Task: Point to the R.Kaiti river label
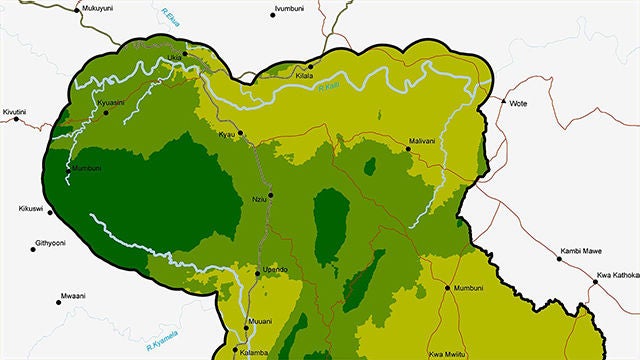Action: (x=330, y=90)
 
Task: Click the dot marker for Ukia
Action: (x=184, y=53)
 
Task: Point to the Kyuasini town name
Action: (x=110, y=103)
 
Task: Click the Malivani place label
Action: (x=423, y=142)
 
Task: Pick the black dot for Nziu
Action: (x=270, y=194)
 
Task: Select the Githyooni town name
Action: (x=50, y=243)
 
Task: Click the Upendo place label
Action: (x=275, y=270)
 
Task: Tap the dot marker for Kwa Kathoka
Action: (x=594, y=282)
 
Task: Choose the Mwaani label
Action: (x=72, y=296)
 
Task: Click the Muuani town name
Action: (x=259, y=323)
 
